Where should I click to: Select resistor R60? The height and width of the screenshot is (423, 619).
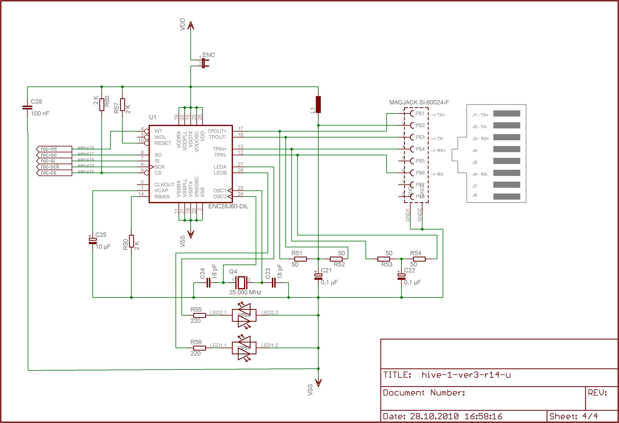[x=102, y=104]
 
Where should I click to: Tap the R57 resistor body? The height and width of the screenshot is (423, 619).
[x=122, y=104]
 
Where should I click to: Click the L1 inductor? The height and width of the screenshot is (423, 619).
[x=318, y=104]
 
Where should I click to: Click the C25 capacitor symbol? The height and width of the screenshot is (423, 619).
[x=93, y=241]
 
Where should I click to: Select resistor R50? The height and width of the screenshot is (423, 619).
[x=131, y=241]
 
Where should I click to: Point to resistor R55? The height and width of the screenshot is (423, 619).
[x=199, y=315]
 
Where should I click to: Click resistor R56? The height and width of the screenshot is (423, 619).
[x=199, y=348]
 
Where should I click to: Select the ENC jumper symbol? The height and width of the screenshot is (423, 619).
[x=204, y=63]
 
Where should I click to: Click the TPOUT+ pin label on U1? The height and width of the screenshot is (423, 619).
[x=217, y=131]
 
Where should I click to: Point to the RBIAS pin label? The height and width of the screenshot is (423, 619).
[x=162, y=197]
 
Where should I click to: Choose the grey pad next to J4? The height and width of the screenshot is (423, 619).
[x=506, y=149]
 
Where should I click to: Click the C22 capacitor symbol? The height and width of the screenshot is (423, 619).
[x=401, y=277]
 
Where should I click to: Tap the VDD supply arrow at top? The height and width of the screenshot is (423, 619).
[x=191, y=26]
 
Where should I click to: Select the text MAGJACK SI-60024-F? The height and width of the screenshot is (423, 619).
[x=419, y=102]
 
